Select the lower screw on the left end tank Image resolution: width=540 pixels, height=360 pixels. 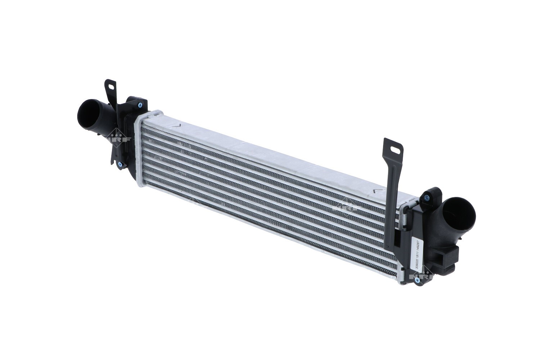(120, 165)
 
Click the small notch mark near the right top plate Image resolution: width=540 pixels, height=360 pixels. (377, 191)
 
